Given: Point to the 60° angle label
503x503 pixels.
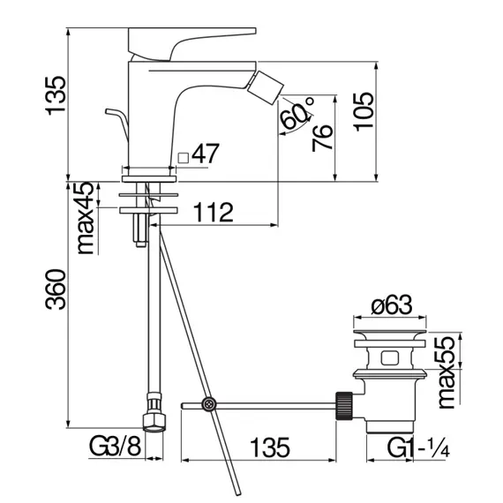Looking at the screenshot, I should coord(298,113).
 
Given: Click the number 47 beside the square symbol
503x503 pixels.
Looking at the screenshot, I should coord(205,154).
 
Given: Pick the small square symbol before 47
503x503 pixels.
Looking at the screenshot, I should coord(184,157).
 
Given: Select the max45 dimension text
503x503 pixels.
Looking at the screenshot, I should coord(85,219).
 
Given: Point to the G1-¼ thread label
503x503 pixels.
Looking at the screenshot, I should coord(421,448).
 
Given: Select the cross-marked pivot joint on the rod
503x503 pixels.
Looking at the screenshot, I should coord(209,405).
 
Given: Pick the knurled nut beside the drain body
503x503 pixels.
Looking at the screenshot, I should coord(345,405).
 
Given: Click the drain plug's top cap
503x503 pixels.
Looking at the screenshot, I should coord(389,337).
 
